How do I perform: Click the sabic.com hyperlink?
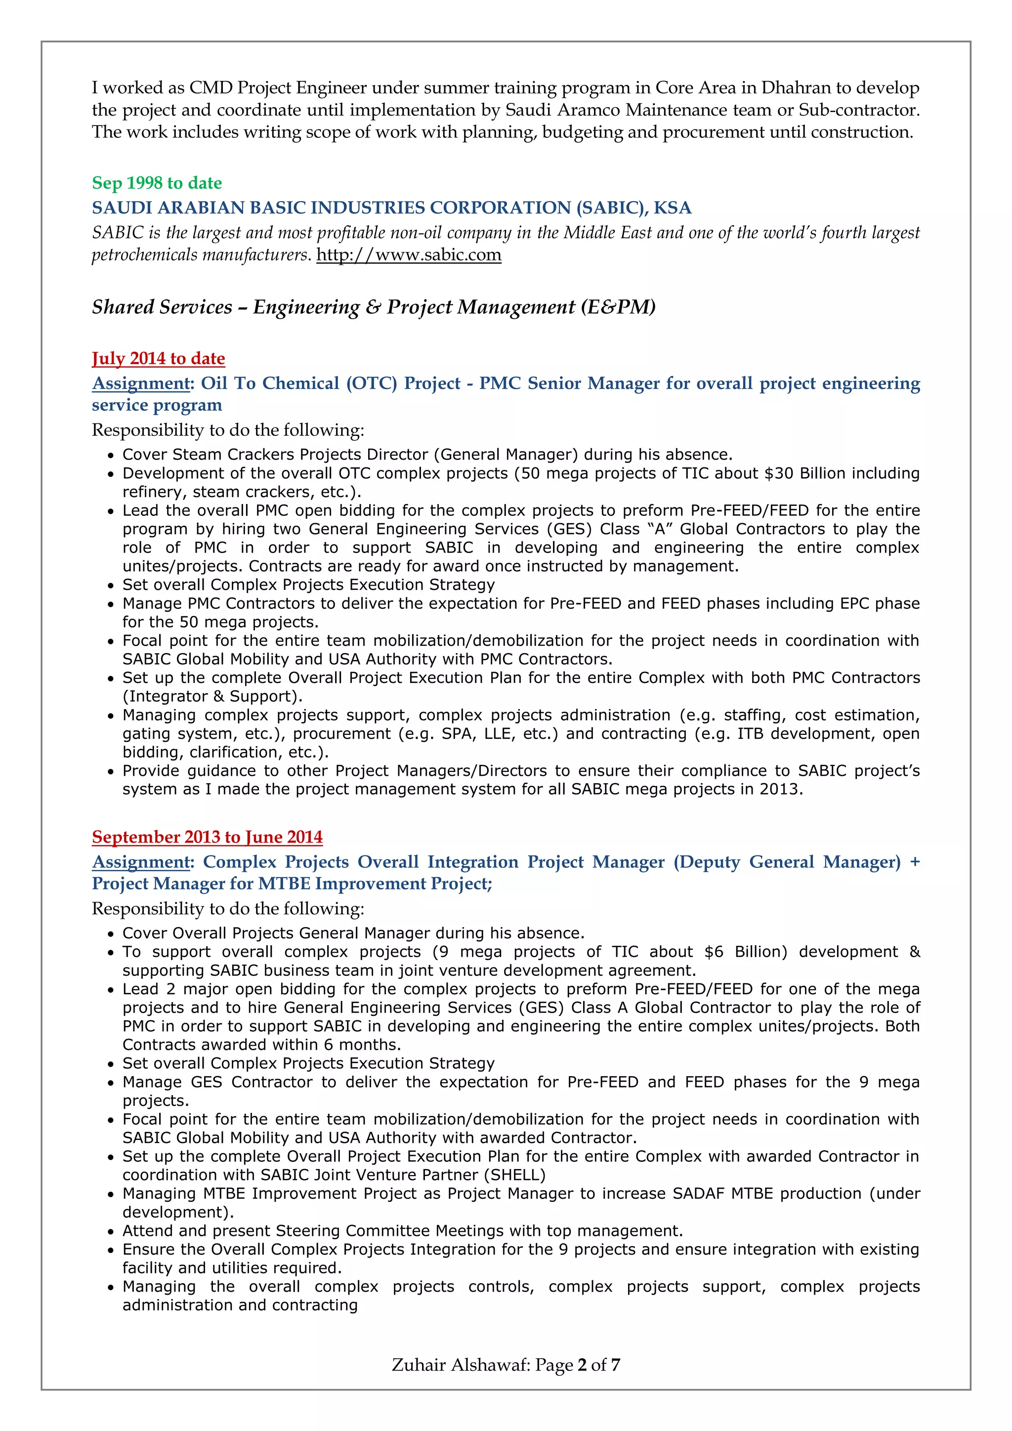(x=409, y=255)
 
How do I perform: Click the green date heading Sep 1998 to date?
(x=157, y=183)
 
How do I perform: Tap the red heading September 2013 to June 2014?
(x=208, y=837)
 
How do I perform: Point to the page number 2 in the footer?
(x=582, y=1365)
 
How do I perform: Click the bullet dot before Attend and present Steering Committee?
(x=111, y=1231)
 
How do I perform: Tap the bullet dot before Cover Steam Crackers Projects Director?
(x=111, y=456)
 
